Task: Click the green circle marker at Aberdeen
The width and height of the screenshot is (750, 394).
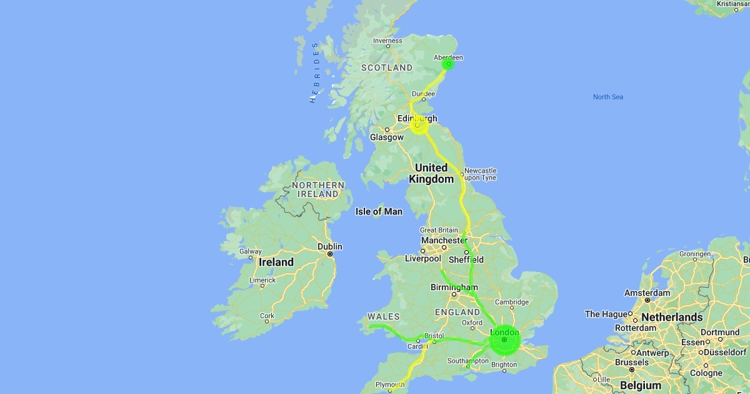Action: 448,63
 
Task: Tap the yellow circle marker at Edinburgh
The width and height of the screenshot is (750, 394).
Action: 418,125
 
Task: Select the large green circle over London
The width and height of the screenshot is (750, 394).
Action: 504,340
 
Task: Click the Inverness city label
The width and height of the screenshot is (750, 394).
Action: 387,41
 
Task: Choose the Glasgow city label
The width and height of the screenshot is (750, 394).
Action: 386,137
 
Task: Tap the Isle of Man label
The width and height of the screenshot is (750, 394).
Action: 379,211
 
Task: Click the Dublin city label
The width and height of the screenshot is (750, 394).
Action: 330,246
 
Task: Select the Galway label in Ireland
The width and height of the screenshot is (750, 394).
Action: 250,251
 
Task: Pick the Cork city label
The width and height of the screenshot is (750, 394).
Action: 267,316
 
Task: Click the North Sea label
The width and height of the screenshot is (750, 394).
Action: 608,97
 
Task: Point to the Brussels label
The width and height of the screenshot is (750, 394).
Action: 632,362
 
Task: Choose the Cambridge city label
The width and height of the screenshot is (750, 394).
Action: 512,302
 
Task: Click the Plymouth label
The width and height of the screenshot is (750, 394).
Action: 389,385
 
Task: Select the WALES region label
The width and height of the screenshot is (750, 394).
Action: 384,316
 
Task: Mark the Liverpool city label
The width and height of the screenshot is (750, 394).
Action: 423,258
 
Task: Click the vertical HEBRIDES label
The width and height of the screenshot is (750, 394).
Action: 315,72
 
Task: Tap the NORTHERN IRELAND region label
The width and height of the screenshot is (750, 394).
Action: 318,189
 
